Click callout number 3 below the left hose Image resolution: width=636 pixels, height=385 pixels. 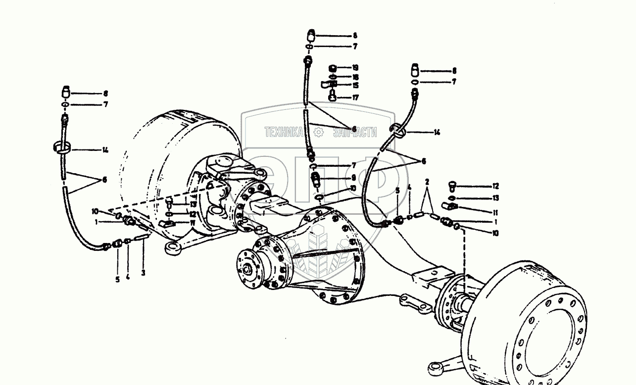coord(143,273)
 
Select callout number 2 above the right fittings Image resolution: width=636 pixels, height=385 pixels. coord(427,182)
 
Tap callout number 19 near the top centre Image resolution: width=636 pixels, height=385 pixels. coord(355,68)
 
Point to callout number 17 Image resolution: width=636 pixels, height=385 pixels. coord(355,98)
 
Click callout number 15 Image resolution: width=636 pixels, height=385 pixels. coord(355,86)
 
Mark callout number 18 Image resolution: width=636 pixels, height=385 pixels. coord(355,77)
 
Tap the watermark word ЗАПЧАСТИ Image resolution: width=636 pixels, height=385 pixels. coord(354,132)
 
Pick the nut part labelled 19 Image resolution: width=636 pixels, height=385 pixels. coord(333,68)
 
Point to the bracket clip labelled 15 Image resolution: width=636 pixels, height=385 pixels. coord(330,85)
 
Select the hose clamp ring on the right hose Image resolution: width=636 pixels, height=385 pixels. coord(397,131)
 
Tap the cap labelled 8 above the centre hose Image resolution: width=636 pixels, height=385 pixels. coord(311,36)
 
